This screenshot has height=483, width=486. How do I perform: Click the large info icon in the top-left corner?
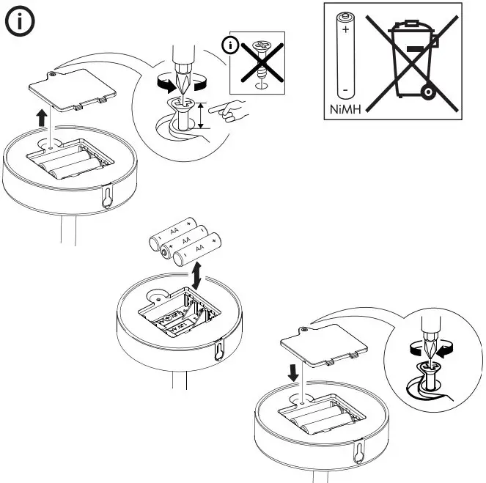[20, 21]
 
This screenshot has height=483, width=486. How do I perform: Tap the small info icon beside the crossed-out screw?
[232, 46]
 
